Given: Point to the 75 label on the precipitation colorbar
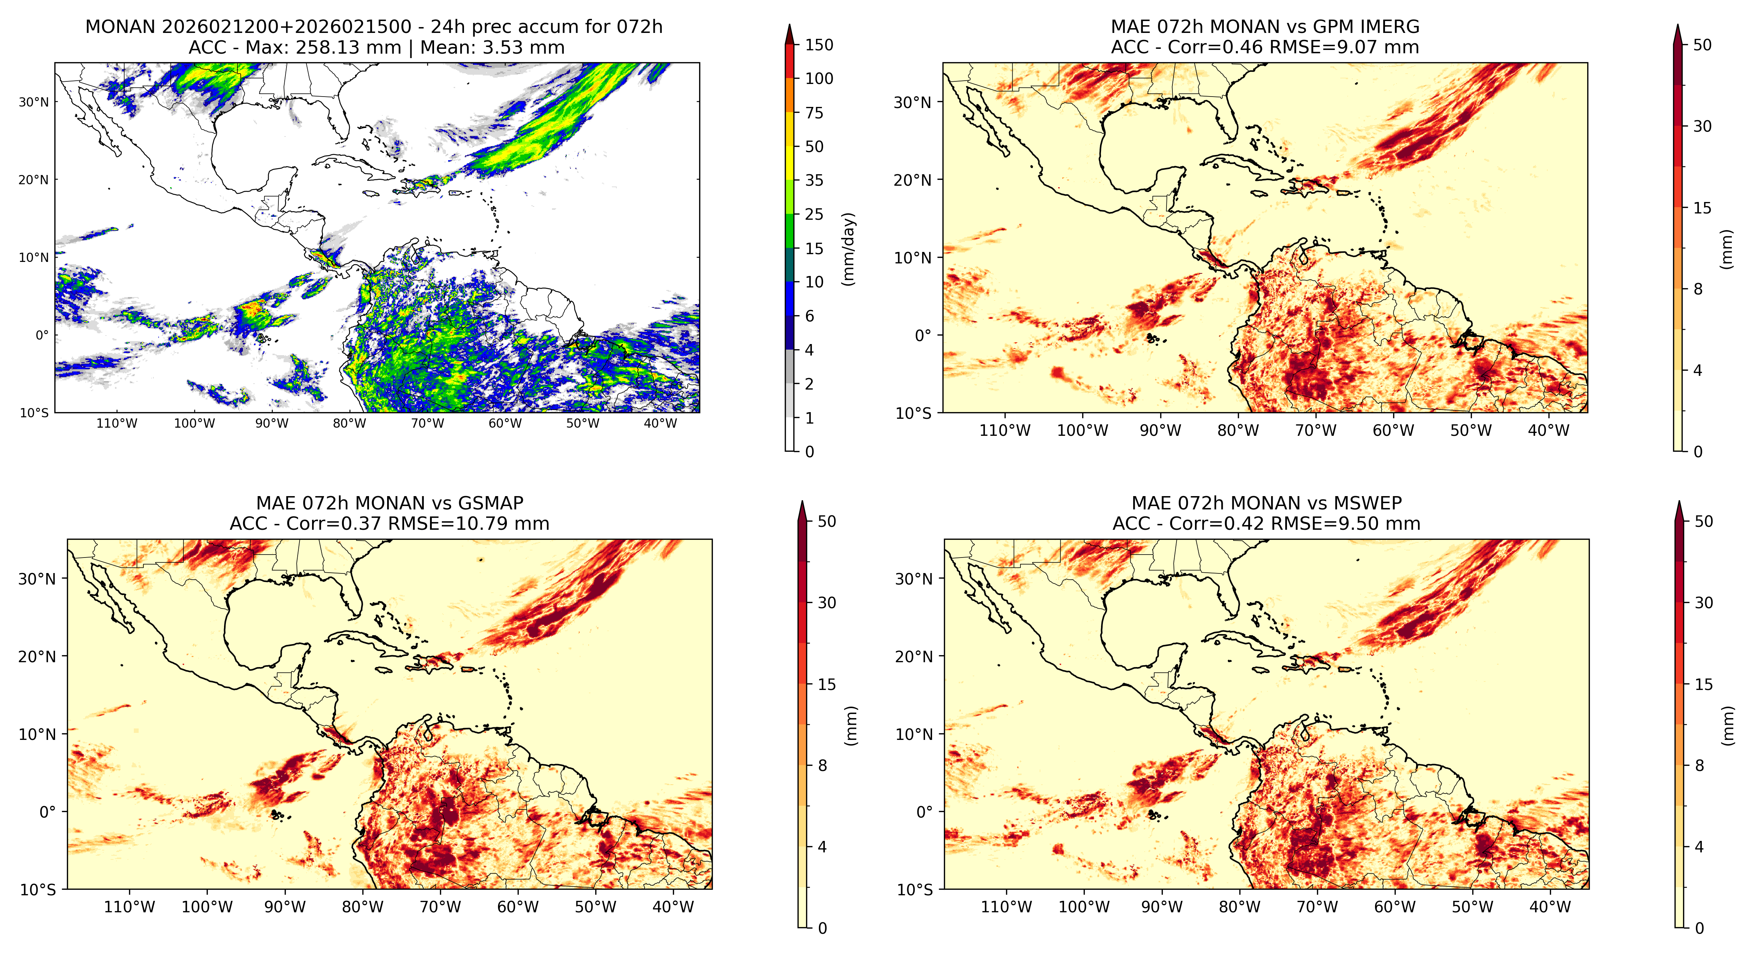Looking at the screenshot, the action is pyautogui.click(x=815, y=113).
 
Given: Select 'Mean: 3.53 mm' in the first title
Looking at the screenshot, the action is pyautogui.click(x=492, y=48).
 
